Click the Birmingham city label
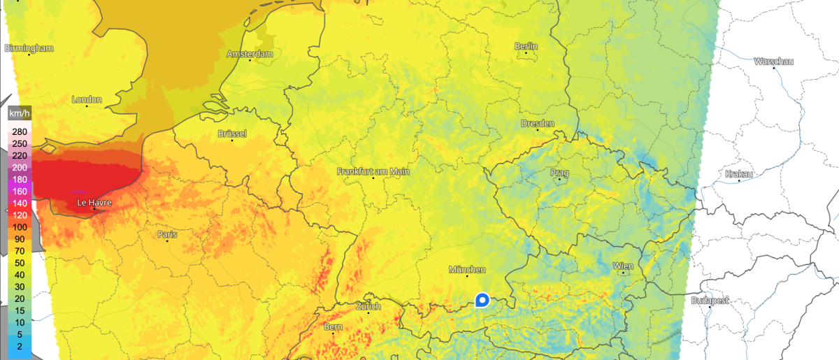29,48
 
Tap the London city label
87,99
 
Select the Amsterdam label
250,54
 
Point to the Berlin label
526,46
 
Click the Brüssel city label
232,134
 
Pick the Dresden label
537,124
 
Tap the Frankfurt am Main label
373,171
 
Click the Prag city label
559,173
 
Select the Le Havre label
94,203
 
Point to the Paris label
167,234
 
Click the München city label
467,269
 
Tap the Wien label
622,266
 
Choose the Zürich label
368,307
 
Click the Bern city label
334,326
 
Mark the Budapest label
709,301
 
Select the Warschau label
773,62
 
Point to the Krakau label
739,173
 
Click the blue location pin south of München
482,300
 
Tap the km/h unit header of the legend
19,113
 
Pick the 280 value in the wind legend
19,132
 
